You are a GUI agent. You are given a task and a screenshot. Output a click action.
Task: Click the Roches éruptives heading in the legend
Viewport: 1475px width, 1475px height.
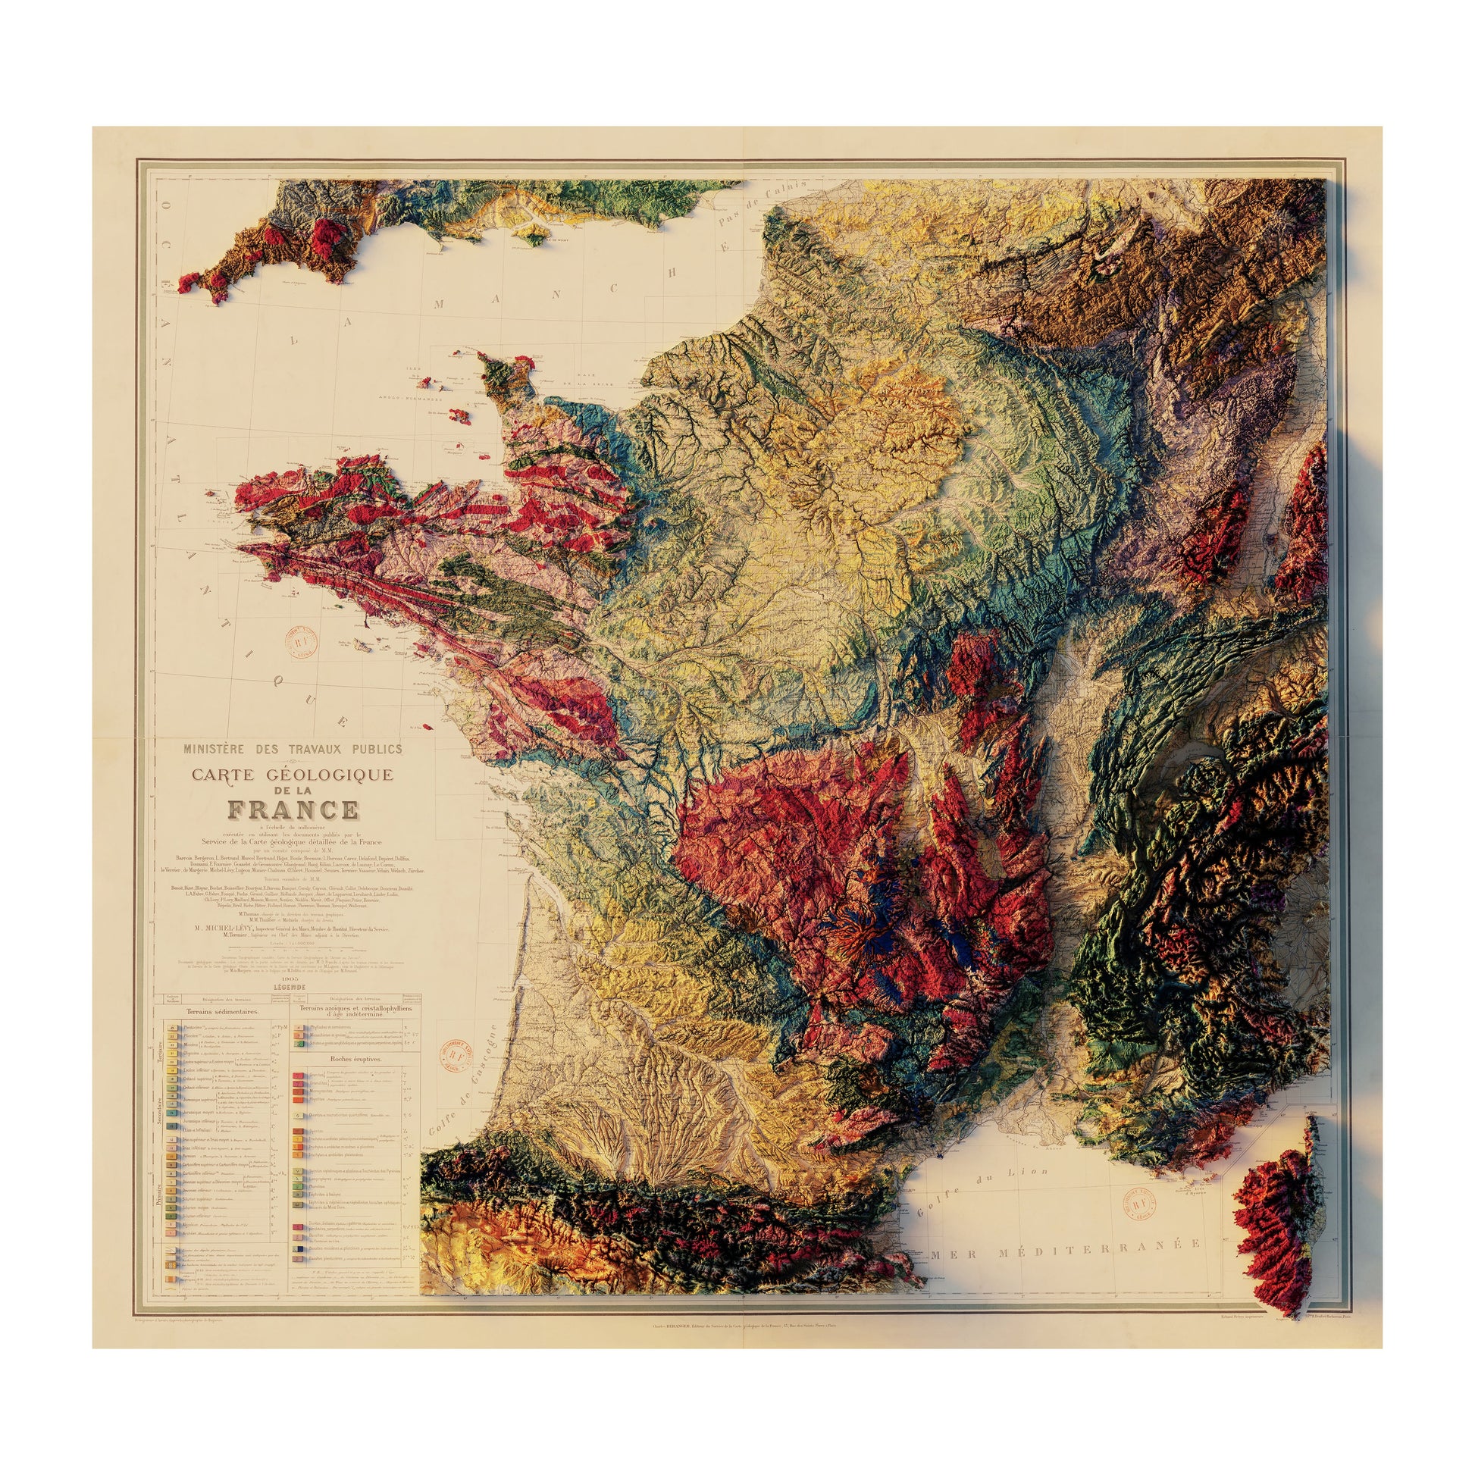pos(356,1060)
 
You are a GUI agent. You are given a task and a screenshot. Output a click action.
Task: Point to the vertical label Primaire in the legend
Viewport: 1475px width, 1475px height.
pos(161,1214)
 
